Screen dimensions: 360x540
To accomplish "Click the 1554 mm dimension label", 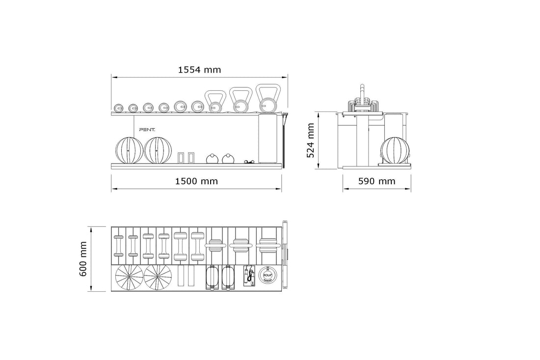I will pos(199,69).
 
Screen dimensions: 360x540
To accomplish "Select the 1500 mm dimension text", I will pos(196,181).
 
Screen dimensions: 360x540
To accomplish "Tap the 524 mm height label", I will pos(310,140).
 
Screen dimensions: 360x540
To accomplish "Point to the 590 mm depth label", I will pos(376,181).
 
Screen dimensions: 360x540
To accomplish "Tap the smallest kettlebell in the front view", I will pos(215,102).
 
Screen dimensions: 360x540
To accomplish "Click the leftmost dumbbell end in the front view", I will pos(118,108).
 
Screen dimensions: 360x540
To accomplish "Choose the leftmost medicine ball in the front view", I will pos(129,150).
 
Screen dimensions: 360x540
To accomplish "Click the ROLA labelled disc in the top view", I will pos(268,276).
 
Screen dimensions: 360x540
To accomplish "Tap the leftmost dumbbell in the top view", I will pos(118,246).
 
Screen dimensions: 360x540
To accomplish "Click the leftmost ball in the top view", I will pos(129,278).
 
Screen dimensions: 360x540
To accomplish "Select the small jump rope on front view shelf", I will pos(250,161).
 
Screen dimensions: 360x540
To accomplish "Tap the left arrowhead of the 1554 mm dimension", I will pos(113,77).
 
